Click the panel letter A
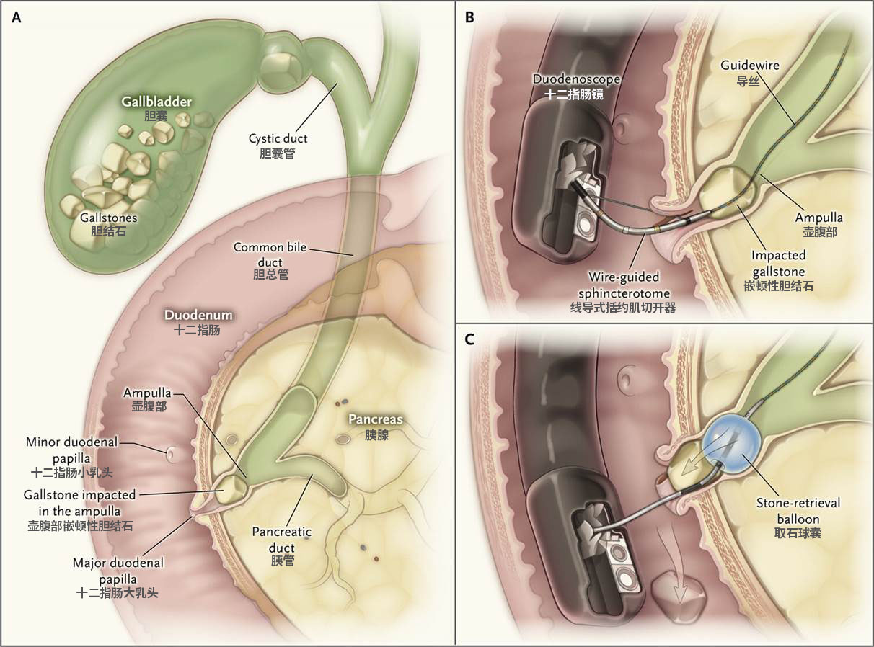coord(17,19)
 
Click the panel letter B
coord(469,19)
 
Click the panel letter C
coord(469,339)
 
